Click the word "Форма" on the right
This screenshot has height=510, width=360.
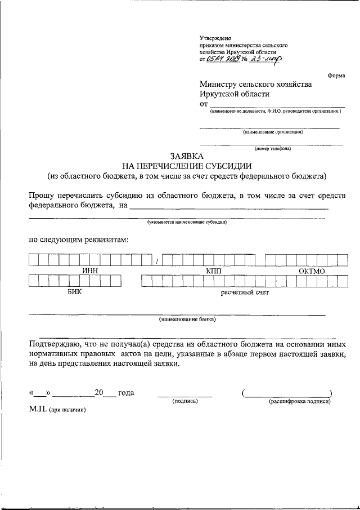pyautogui.click(x=336, y=76)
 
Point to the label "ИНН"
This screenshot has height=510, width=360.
pyautogui.click(x=90, y=271)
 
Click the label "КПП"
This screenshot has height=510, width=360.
pyautogui.click(x=214, y=271)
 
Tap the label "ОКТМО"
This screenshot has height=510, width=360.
pyautogui.click(x=312, y=271)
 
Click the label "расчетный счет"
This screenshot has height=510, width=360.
pyautogui.click(x=245, y=292)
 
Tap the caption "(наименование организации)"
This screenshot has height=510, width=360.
pyautogui.click(x=273, y=132)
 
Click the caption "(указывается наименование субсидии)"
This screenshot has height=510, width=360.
pyautogui.click(x=187, y=222)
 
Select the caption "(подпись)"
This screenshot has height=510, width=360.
pyautogui.click(x=184, y=401)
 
